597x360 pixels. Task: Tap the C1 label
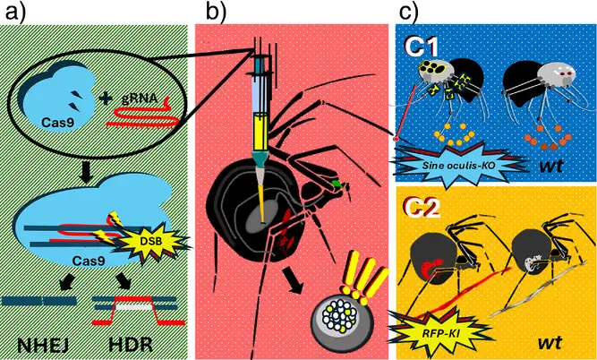[418, 44]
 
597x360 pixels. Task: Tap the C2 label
[418, 204]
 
